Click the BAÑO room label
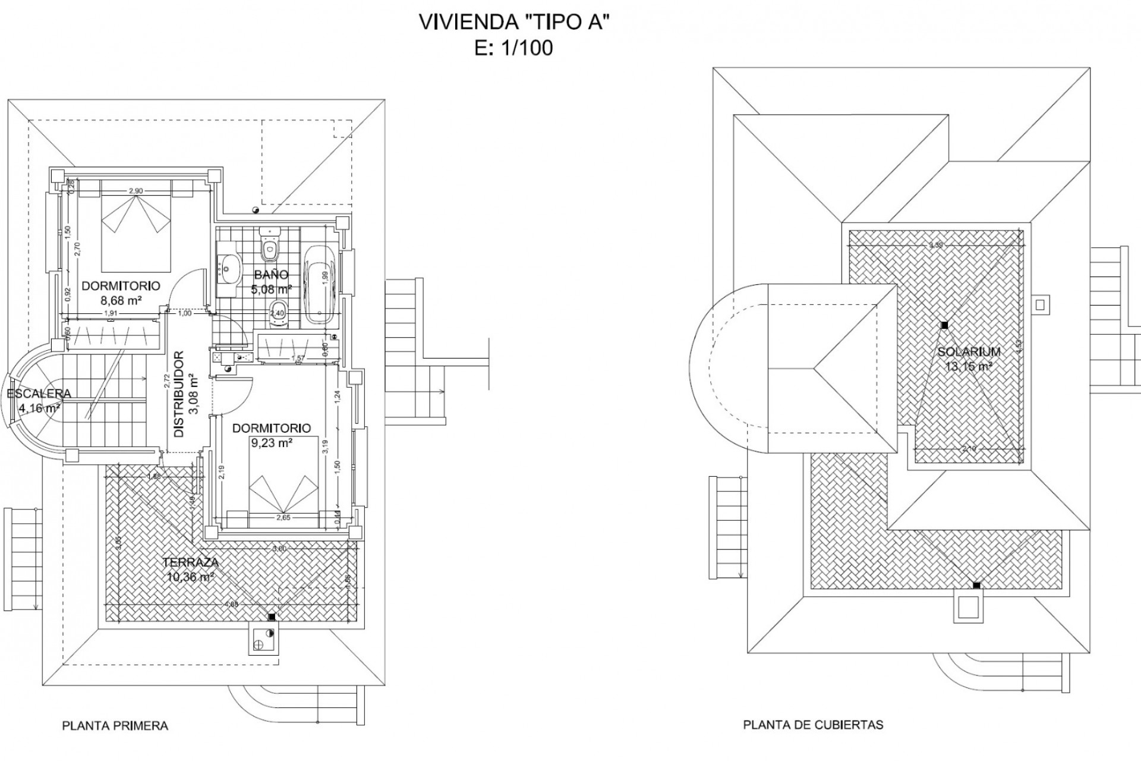point(271,275)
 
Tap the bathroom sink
point(229,269)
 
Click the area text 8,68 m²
point(121,301)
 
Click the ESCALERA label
point(39,394)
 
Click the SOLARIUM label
point(969,351)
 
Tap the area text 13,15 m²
point(969,366)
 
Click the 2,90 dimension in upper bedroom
point(135,191)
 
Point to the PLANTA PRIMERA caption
point(115,726)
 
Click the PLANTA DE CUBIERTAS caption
point(813,725)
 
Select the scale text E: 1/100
point(513,48)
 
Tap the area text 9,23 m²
point(271,443)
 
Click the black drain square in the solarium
point(944,325)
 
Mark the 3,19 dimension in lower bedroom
point(325,446)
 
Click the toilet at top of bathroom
point(270,245)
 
